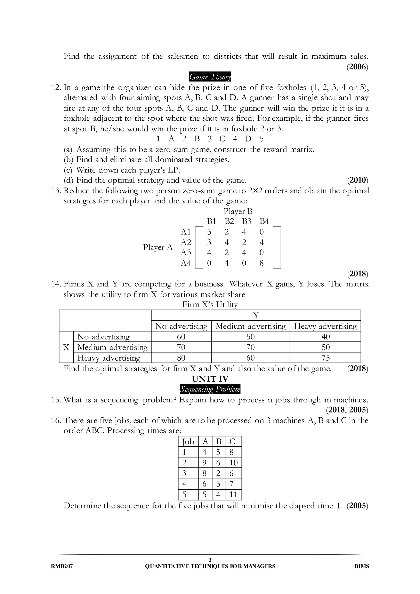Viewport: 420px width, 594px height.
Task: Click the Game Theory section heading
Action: (210, 77)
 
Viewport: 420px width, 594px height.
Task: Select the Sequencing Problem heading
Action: (210, 389)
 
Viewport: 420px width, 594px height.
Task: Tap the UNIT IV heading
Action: (210, 379)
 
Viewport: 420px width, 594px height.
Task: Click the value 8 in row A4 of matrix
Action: (261, 263)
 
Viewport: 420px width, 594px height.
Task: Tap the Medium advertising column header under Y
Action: (250, 326)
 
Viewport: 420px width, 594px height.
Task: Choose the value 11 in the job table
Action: (233, 494)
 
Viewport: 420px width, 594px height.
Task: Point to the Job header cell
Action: (188, 441)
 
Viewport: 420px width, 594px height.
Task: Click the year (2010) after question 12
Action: (358, 180)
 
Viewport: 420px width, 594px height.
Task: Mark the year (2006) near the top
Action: (358, 67)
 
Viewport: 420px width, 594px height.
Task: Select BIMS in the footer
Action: (362, 566)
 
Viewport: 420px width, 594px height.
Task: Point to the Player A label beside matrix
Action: (158, 247)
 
